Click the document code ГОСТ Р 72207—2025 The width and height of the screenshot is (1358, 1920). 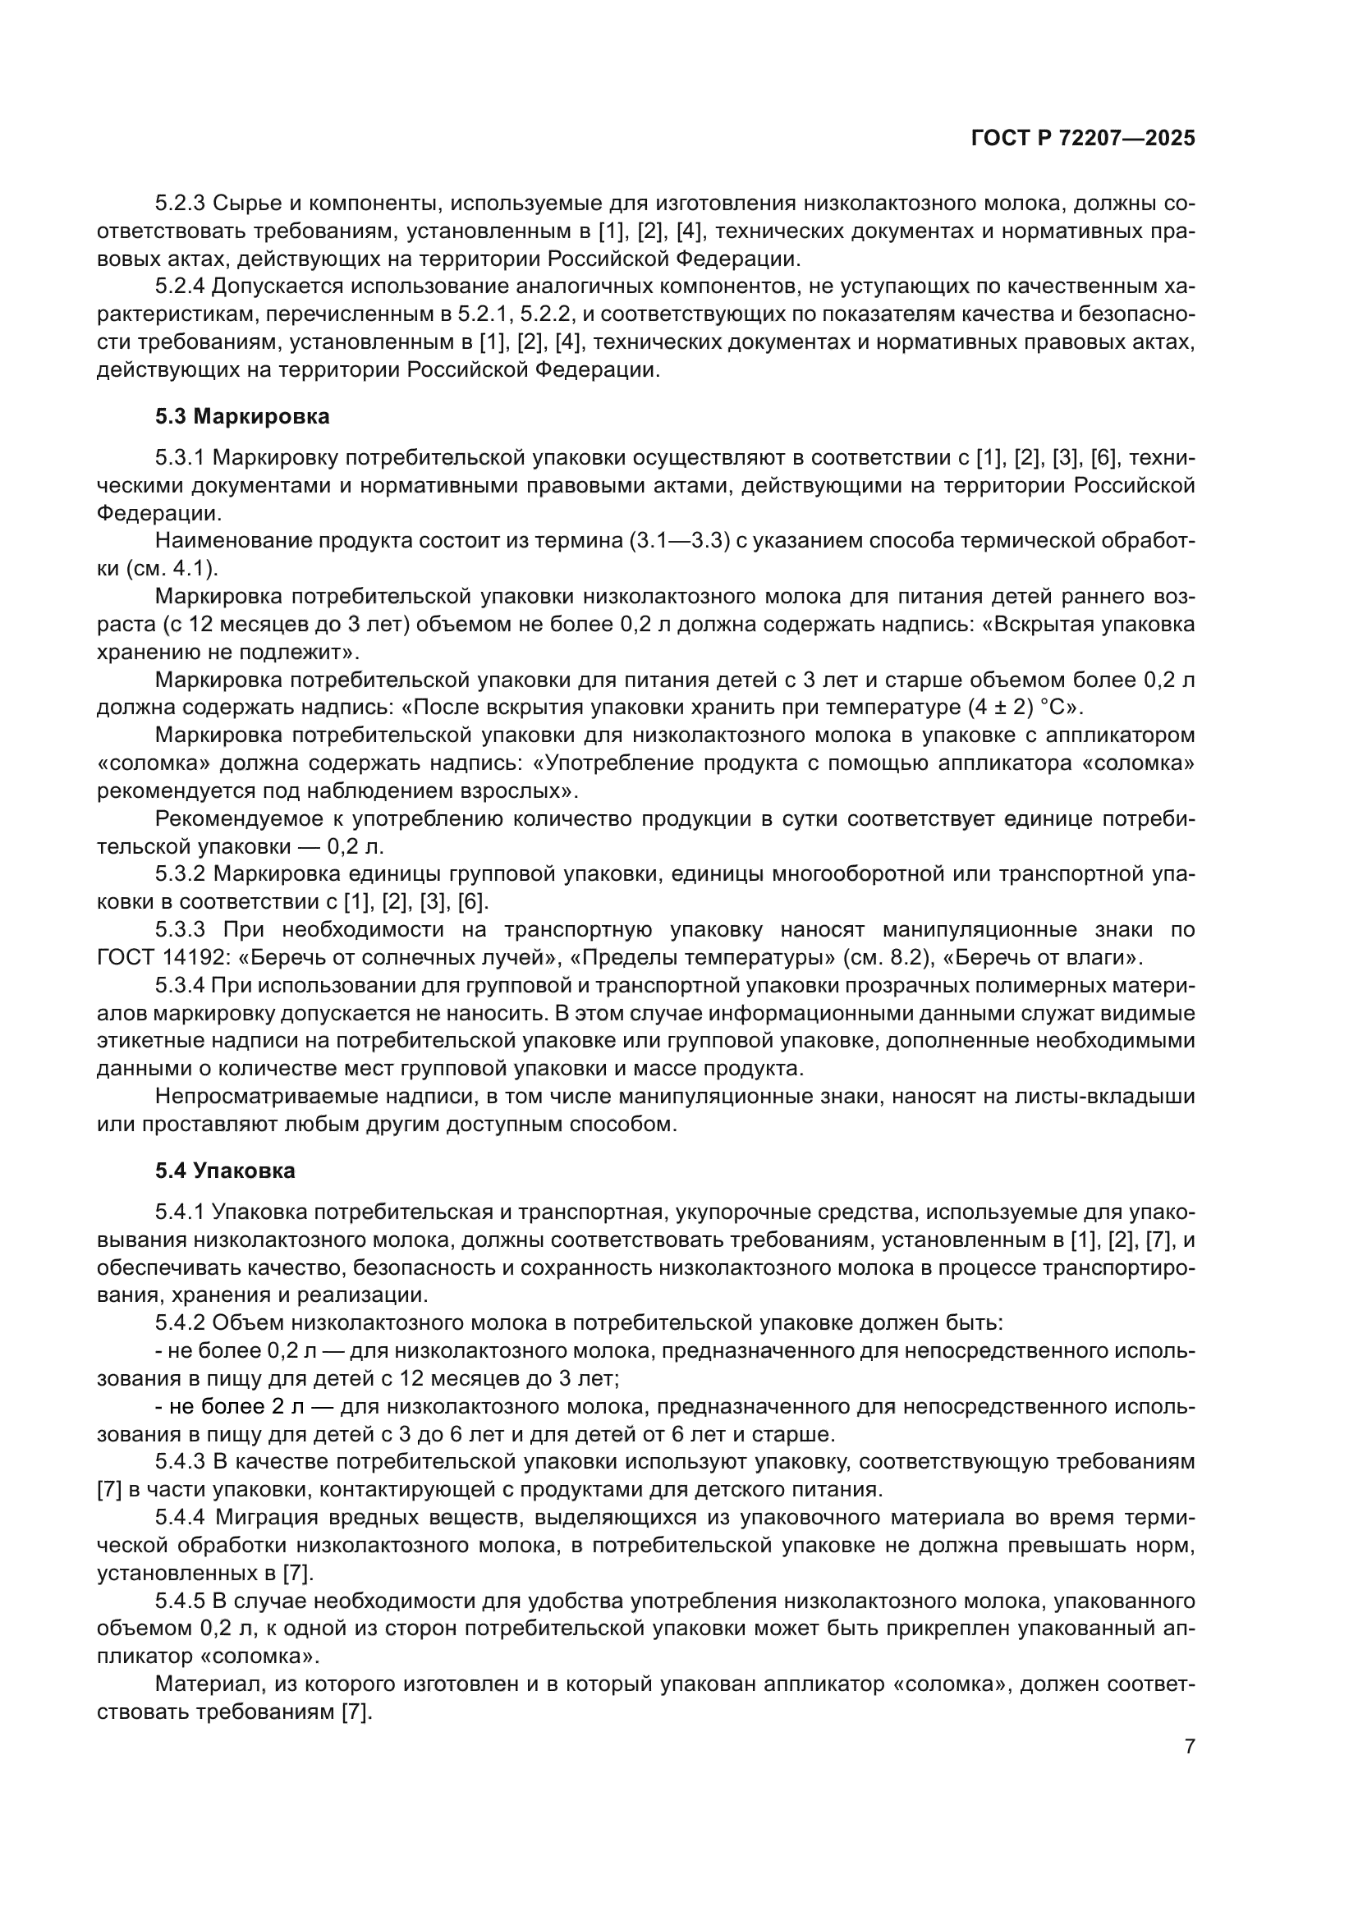[x=1083, y=139]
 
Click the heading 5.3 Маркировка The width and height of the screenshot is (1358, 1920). [x=241, y=416]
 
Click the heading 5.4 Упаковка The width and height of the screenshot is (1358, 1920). [x=225, y=1171]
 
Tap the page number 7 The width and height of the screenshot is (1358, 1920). [x=1190, y=1747]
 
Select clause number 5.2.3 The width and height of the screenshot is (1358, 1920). [x=180, y=204]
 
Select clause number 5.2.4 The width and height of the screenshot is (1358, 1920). [x=180, y=286]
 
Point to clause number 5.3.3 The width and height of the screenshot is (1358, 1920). [x=180, y=930]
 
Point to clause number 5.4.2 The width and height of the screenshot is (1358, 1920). [x=180, y=1323]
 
